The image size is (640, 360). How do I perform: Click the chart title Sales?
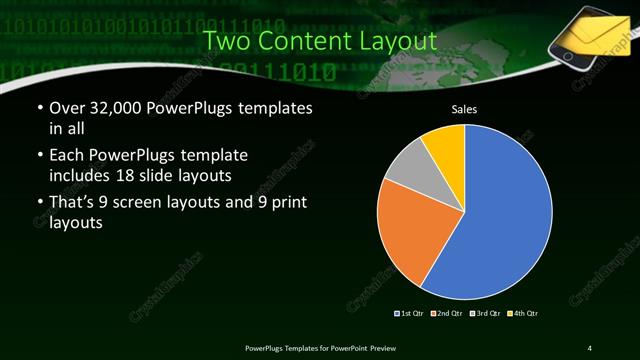(x=465, y=109)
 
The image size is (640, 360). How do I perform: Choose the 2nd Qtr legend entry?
(x=447, y=313)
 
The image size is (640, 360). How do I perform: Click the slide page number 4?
(x=590, y=347)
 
